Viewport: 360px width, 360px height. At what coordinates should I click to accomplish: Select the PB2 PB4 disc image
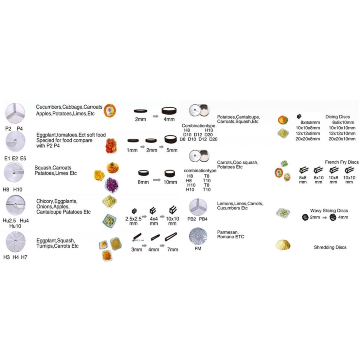[x=198, y=207]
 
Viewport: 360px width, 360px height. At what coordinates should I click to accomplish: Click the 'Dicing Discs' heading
[x=337, y=117]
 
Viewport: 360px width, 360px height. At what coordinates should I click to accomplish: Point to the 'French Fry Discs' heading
[x=342, y=162]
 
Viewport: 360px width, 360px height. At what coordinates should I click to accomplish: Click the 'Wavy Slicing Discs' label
[x=329, y=211]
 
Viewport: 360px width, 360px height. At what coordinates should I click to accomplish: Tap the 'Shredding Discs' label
[x=330, y=247]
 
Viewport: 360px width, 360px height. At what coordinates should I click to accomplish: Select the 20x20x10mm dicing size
[x=342, y=139]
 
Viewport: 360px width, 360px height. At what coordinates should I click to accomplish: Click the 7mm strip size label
[x=172, y=249]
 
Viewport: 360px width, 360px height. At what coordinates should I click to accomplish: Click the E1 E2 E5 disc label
[x=15, y=158]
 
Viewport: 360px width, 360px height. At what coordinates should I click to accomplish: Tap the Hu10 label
[x=15, y=226]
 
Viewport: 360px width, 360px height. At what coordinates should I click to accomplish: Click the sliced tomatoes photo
[x=111, y=146]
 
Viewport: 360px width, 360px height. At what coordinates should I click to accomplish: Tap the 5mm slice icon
[x=171, y=141]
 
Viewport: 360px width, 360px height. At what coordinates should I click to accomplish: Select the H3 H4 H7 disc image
[x=15, y=242]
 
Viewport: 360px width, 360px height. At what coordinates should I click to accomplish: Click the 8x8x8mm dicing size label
[x=310, y=123]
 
